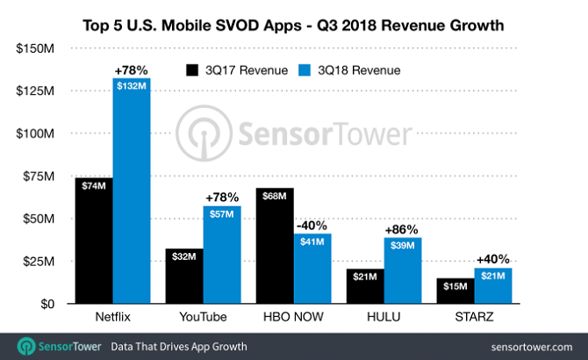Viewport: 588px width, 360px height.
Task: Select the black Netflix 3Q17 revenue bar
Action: click(94, 241)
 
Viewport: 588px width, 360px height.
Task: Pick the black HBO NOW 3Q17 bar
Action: click(274, 246)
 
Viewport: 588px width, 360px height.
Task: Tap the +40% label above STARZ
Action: click(492, 259)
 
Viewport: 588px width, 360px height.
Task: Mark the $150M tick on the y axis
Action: click(36, 47)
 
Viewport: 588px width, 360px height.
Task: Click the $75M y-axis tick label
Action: click(39, 176)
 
